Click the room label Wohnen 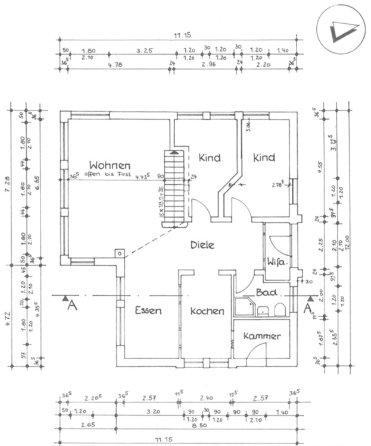[x=110, y=165]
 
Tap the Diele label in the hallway [x=202, y=245]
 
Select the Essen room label [x=148, y=310]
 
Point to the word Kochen [x=207, y=311]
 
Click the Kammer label [x=261, y=337]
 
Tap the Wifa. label [x=278, y=262]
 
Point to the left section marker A [x=71, y=304]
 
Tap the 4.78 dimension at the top [x=115, y=65]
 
